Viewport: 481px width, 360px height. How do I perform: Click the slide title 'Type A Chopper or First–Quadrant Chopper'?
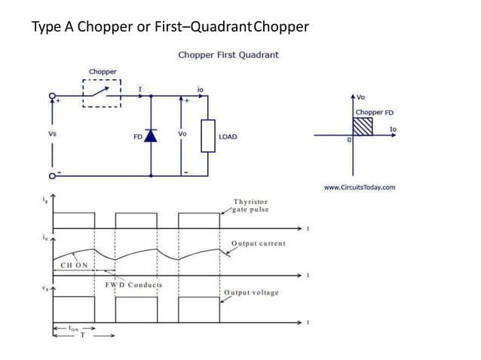coord(170,28)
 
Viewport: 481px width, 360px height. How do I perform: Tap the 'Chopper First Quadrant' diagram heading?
coord(228,55)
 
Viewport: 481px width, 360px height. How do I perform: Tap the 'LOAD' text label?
coord(228,136)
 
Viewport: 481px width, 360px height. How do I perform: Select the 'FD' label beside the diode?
coord(137,136)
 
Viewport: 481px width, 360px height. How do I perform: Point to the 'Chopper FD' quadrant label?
coord(375,112)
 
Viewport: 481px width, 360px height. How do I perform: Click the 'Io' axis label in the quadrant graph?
coord(393,130)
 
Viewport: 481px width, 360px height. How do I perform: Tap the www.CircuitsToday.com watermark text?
coord(360,188)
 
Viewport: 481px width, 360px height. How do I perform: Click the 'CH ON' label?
coord(74,265)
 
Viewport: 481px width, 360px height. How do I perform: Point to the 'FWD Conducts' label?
coord(134,285)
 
